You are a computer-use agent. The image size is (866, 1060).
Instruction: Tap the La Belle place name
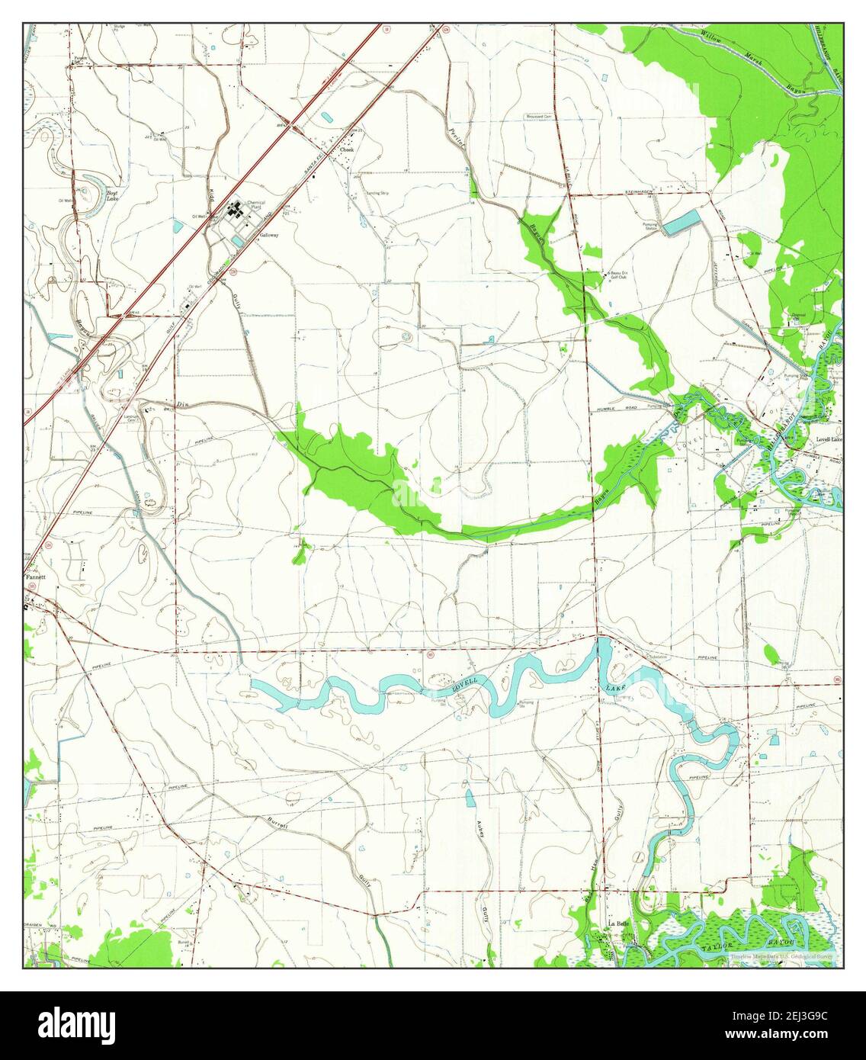coord(617,923)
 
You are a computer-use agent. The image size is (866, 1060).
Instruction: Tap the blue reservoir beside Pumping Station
coord(680,223)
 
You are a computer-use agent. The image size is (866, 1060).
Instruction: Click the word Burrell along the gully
coord(277,824)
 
